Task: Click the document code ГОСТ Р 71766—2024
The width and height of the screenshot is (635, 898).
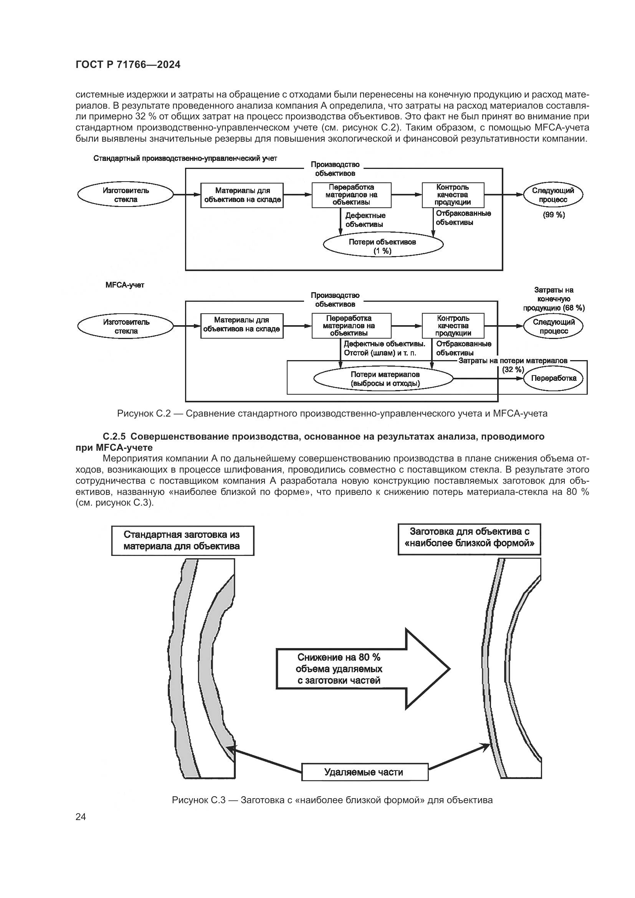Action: (128, 65)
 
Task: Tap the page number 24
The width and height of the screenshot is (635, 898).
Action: (81, 817)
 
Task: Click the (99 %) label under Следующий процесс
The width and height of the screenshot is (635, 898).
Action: (554, 215)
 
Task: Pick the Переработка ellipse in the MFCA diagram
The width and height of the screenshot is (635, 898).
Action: (553, 378)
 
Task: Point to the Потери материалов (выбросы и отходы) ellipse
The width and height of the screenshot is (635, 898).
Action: (384, 379)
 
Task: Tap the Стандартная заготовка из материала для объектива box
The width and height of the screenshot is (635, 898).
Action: (183, 540)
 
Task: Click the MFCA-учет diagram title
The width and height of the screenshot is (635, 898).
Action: (125, 285)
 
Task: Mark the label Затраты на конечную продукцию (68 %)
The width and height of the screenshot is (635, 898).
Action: (554, 299)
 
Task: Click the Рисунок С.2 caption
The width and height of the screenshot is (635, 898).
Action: (332, 413)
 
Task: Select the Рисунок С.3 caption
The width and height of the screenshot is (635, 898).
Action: (332, 800)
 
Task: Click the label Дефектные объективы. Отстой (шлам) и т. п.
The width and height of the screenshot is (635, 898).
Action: (384, 348)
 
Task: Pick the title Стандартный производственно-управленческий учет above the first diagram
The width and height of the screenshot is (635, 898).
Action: (185, 159)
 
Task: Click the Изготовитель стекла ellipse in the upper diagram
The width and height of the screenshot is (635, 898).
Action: (126, 195)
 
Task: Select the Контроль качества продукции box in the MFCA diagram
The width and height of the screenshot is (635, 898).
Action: (453, 326)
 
